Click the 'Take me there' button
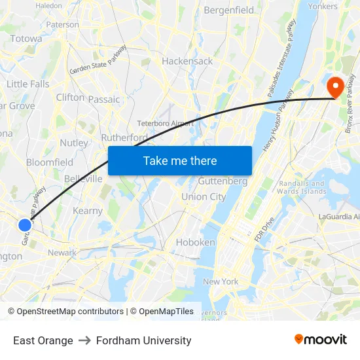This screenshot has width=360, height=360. pos(180,160)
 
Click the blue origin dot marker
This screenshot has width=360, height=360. pos(25,225)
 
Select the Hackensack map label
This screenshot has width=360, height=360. pos(187,61)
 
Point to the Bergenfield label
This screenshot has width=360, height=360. pos(228,10)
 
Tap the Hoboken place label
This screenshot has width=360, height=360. pos(195,242)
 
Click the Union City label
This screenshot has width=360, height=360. pos(204,196)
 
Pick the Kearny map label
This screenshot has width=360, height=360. pos(88,211)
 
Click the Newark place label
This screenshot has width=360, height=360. pos(62,253)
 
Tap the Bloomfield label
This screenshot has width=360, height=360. pos(50,162)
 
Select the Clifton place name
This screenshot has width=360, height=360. pos(70,98)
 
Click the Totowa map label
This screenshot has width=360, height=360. pos(26,39)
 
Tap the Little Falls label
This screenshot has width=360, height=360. pos(27,84)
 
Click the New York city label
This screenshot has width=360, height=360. pos(221,281)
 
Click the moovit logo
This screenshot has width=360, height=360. pos(320,339)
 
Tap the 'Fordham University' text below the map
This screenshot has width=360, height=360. pos(143,340)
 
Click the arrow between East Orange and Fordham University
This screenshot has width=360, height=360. pos(84,340)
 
